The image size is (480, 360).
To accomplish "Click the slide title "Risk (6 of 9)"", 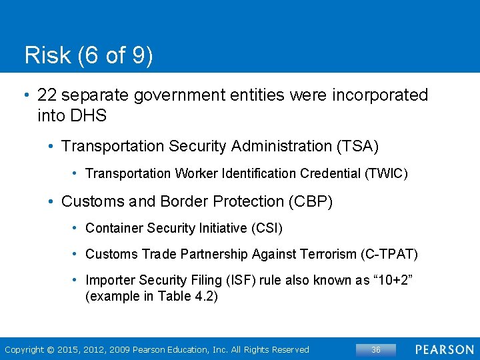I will [x=89, y=55].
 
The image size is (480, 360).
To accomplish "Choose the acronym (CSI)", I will [x=267, y=228].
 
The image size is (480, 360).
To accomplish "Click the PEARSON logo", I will [x=445, y=349].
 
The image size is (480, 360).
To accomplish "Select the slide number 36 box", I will [x=375, y=349].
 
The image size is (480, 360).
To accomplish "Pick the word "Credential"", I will [x=330, y=173].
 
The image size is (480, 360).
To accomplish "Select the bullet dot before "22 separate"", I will [x=25, y=96].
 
